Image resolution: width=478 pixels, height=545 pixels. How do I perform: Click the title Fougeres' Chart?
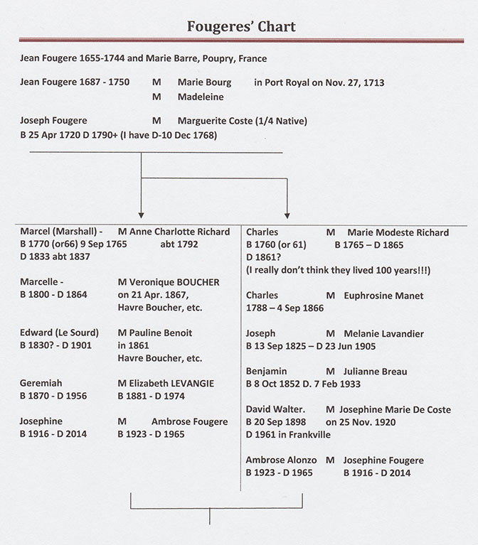click(241, 26)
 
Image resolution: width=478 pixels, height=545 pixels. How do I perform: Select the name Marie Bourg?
click(204, 82)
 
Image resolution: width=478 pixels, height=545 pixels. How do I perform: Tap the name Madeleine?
click(201, 97)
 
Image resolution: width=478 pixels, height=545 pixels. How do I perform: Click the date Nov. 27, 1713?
click(354, 82)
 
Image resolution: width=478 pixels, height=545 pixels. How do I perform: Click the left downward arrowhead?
click(141, 215)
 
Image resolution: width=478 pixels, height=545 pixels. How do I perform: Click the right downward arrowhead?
click(287, 216)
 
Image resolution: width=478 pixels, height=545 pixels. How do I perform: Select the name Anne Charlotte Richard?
click(179, 232)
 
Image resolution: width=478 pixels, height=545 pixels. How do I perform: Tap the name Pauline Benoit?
click(160, 333)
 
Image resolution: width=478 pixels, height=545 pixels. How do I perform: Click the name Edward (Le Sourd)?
click(59, 333)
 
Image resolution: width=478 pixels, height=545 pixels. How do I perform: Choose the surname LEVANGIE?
click(192, 384)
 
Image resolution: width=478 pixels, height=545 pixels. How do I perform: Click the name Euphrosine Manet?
click(383, 296)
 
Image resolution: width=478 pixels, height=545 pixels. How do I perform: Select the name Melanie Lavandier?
click(383, 334)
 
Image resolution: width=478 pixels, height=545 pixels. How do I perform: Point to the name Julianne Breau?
click(375, 372)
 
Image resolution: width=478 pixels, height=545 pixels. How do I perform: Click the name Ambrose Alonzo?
click(281, 460)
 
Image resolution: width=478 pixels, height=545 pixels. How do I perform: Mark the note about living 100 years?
click(338, 271)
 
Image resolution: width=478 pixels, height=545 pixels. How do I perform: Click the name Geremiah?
click(41, 384)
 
